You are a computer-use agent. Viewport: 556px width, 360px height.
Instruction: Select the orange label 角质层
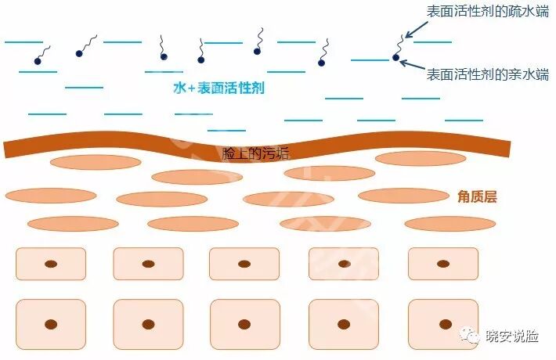tap(477, 196)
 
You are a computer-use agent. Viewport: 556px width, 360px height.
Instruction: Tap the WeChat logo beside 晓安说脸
tap(474, 337)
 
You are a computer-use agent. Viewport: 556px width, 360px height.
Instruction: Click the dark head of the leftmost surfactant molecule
tap(38, 61)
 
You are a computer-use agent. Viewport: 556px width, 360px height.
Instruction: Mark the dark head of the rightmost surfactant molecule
tap(395, 58)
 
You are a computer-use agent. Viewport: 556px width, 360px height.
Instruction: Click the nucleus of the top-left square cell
tap(51, 264)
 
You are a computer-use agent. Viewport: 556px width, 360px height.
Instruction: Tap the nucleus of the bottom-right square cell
tap(442, 323)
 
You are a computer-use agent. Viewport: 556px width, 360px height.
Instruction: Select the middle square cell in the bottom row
tap(244, 323)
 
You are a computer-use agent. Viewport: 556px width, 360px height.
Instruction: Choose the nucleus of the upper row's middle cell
tap(244, 264)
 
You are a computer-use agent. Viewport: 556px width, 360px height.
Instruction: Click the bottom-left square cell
tap(51, 323)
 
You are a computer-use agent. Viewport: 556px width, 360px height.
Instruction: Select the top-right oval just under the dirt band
tap(421, 159)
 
